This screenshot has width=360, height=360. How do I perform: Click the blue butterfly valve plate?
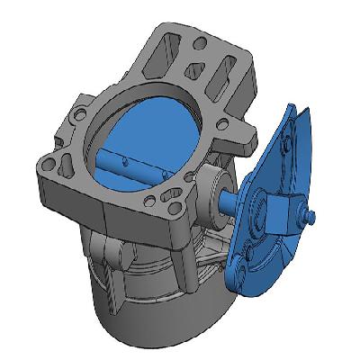[157, 135]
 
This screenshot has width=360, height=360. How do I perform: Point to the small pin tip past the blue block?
[311, 217]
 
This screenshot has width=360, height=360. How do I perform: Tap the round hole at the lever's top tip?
[286, 141]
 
